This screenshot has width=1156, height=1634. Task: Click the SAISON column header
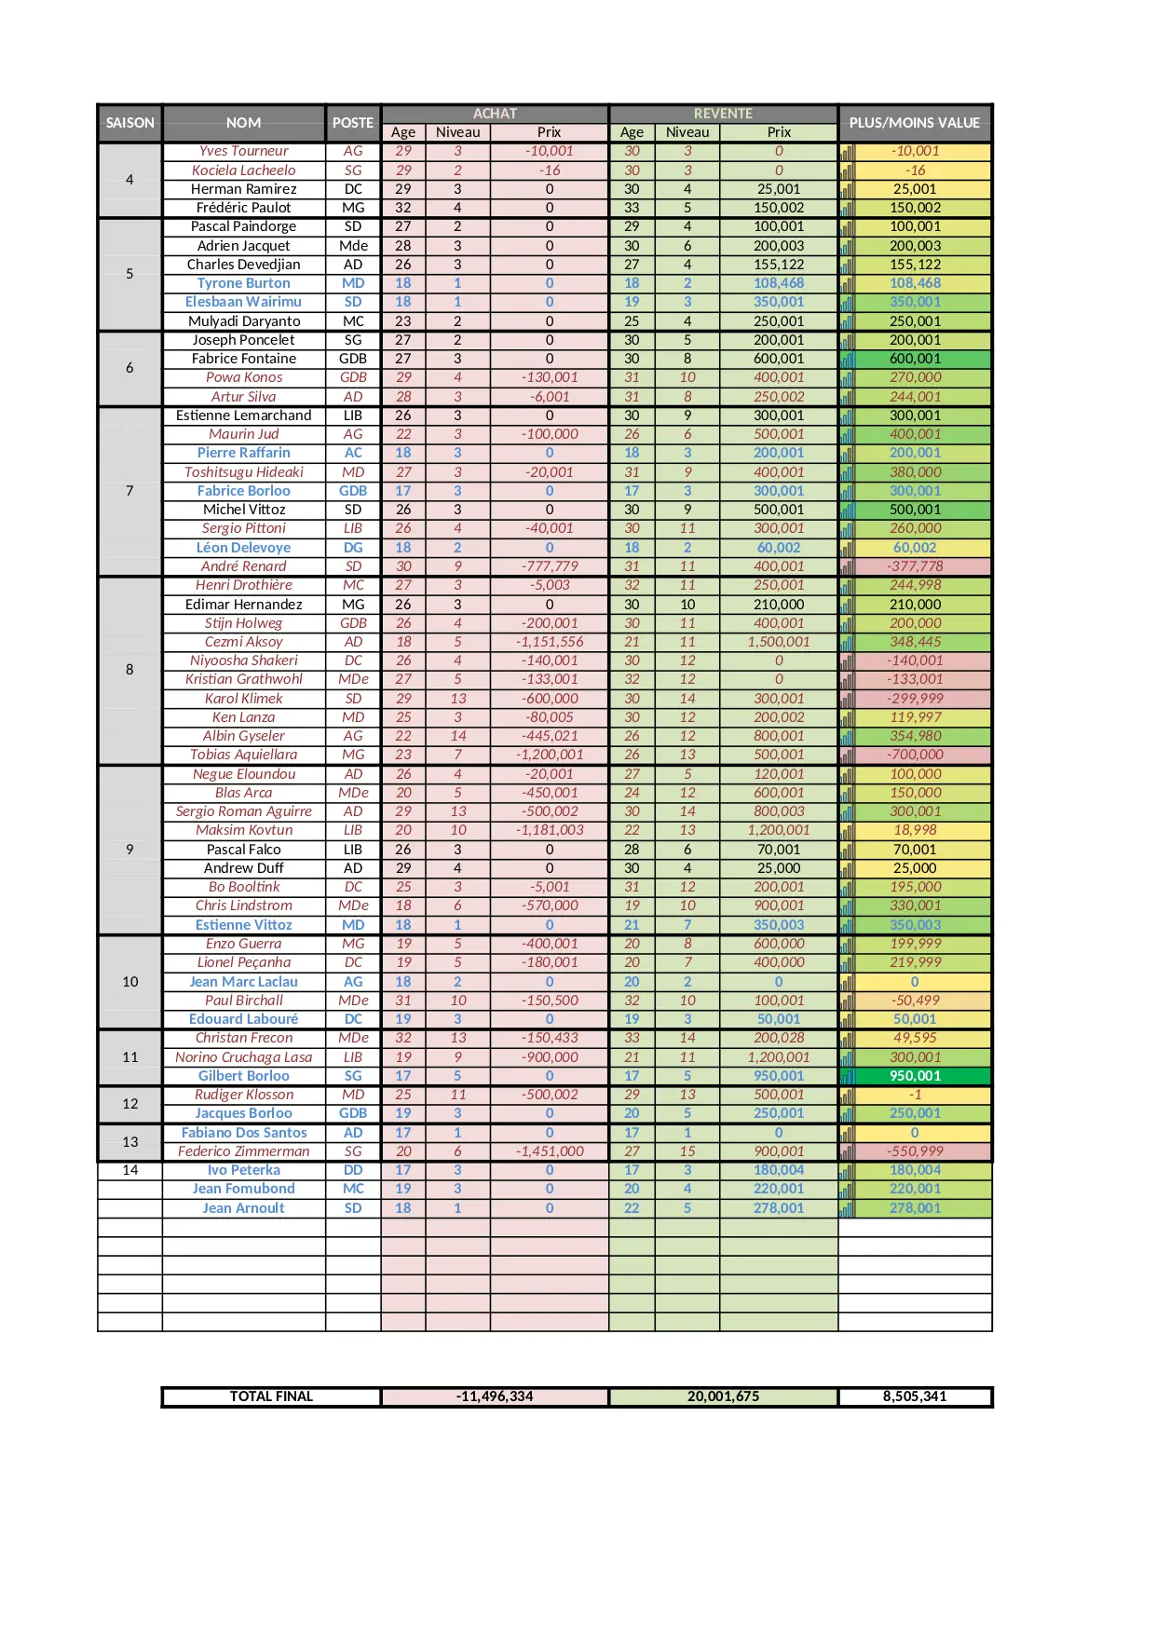coord(129,123)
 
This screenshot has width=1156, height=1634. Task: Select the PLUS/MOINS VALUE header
coord(914,123)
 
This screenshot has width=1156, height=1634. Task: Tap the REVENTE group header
coord(723,114)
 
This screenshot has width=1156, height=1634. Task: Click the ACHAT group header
coord(495,114)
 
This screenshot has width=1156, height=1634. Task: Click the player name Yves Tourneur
coord(244,151)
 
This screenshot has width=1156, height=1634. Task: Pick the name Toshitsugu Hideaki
coord(244,472)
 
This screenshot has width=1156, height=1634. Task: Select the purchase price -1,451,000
coord(550,1151)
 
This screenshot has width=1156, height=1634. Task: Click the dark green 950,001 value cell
coord(915,1076)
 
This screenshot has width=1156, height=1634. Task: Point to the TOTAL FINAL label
coord(271,1396)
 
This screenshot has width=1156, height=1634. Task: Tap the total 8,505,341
coord(915,1396)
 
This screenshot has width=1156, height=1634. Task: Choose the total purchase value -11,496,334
coord(495,1396)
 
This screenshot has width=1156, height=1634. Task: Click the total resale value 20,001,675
coord(723,1396)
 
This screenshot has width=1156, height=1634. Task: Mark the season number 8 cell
coord(129,670)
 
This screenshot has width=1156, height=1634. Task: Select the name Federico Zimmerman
coord(244,1151)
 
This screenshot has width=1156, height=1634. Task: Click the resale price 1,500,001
coord(779,642)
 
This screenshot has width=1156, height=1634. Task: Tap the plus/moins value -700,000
coord(915,755)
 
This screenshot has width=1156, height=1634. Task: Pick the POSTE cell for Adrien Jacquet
coord(353,246)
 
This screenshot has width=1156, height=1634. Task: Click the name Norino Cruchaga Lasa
coord(244,1057)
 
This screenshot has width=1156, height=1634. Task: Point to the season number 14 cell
coord(129,1170)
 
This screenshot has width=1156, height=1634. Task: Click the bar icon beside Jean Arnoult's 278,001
coord(847,1209)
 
